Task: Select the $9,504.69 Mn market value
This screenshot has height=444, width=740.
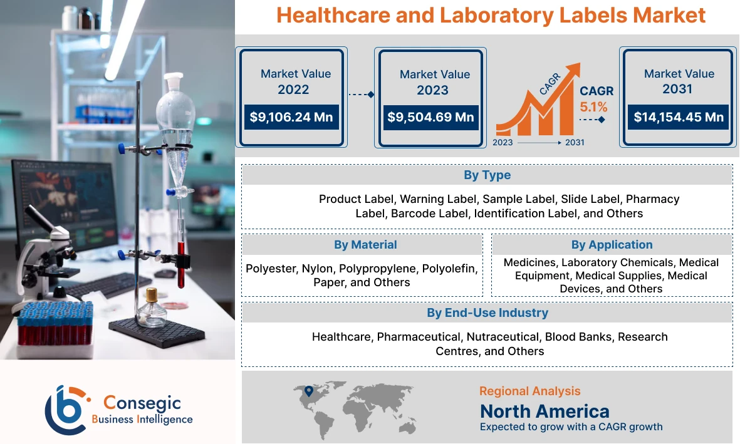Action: point(430,117)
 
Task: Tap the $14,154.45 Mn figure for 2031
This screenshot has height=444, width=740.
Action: point(679,117)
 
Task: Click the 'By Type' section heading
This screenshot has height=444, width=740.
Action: point(487,175)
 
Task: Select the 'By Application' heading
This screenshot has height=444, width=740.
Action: point(612,244)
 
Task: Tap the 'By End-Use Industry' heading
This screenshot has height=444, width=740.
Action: point(487,312)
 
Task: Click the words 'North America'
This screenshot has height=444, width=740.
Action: point(545,411)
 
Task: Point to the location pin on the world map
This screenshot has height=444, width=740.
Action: point(308,391)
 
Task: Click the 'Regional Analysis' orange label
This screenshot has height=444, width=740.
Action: point(529,391)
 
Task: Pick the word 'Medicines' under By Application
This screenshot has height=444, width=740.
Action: point(529,262)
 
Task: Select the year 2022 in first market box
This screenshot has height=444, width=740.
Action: point(293,90)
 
